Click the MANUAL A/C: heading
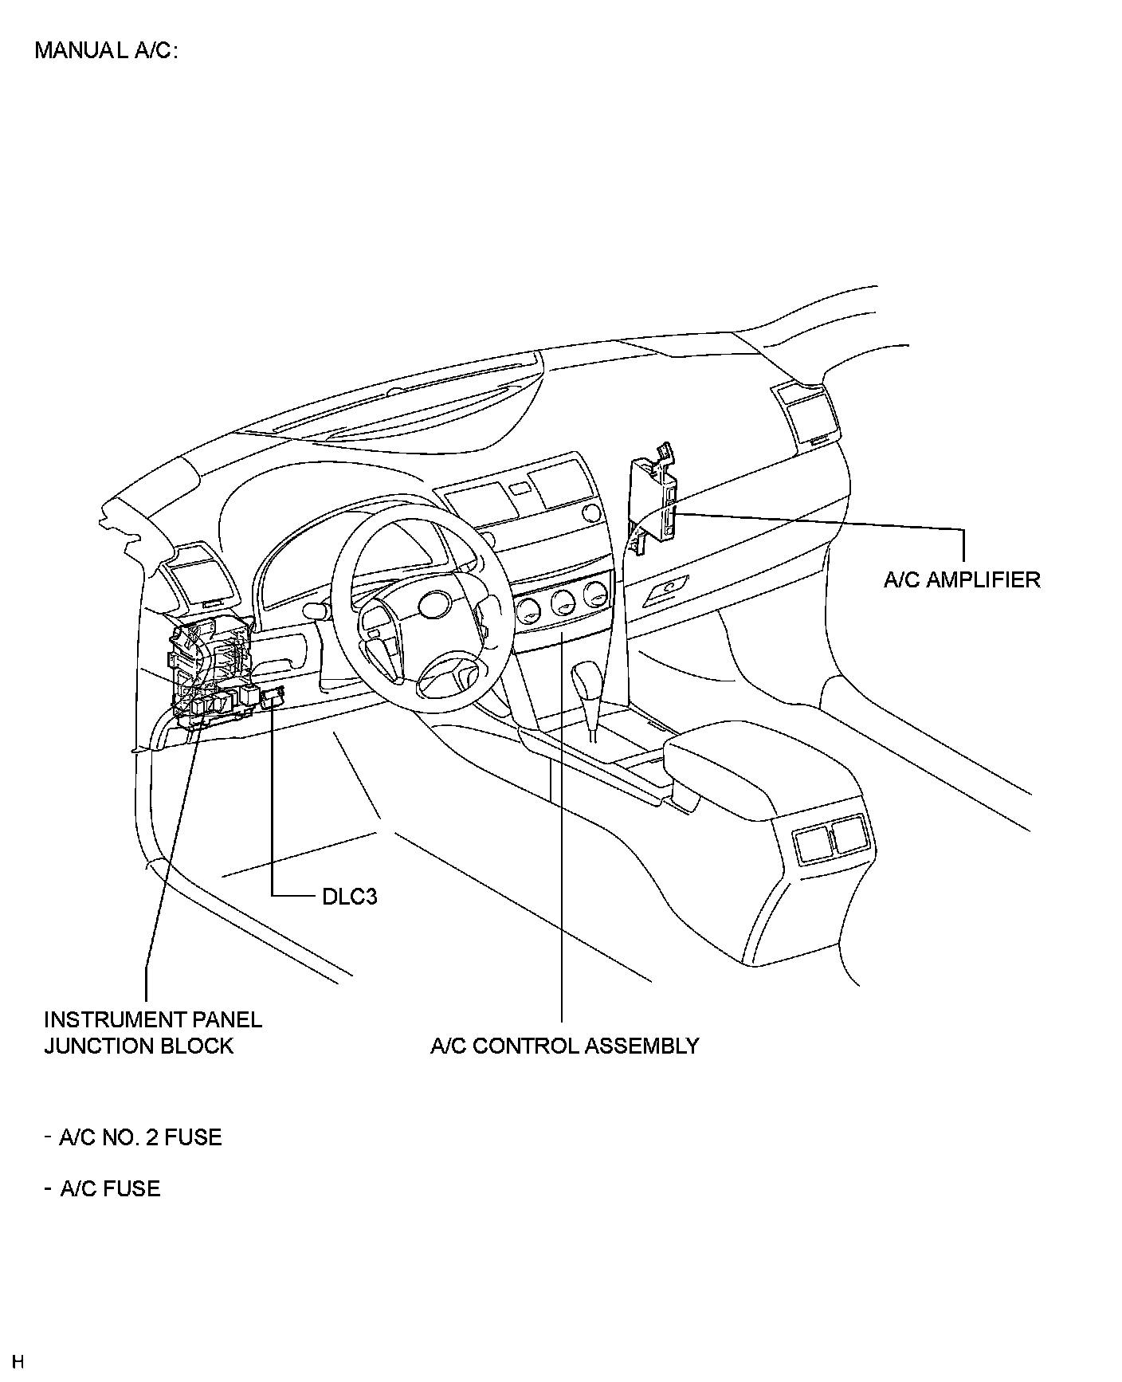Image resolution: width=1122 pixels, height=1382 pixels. coord(106,50)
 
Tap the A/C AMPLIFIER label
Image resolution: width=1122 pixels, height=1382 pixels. coord(961,579)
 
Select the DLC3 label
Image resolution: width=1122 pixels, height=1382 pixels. coord(349,897)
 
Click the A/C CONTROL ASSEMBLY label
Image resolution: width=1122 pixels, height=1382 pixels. coord(564,1046)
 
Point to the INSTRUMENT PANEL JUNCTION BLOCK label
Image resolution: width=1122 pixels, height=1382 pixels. coord(152,1032)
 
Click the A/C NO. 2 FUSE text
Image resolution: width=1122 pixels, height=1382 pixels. coord(140,1137)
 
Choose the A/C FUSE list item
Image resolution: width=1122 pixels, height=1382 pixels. coord(110,1188)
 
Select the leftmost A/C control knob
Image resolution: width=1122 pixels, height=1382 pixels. coord(528,611)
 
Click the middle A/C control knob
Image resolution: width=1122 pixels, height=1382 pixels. coord(562,603)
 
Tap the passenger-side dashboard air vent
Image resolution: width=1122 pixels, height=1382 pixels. coord(806,413)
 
